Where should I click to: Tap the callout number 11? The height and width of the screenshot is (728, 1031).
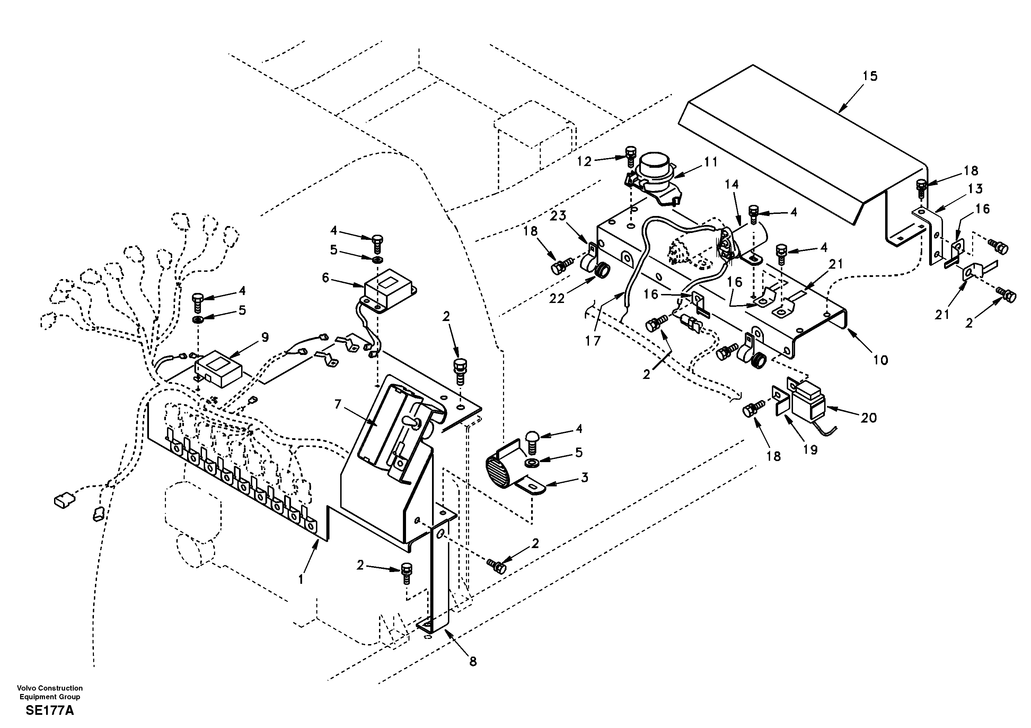coord(711,162)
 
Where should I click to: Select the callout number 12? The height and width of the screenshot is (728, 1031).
coord(584,161)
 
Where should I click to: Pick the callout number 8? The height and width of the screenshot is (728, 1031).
coord(473,661)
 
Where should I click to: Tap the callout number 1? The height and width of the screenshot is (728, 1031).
coord(301,579)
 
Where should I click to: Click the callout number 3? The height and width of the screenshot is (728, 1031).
coord(584,477)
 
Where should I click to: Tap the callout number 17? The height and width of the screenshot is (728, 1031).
coord(593,341)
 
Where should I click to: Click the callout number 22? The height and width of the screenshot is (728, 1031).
coord(557,298)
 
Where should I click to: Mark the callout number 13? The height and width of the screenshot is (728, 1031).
coord(975,188)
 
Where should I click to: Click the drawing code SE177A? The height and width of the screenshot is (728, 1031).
coord(50,710)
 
